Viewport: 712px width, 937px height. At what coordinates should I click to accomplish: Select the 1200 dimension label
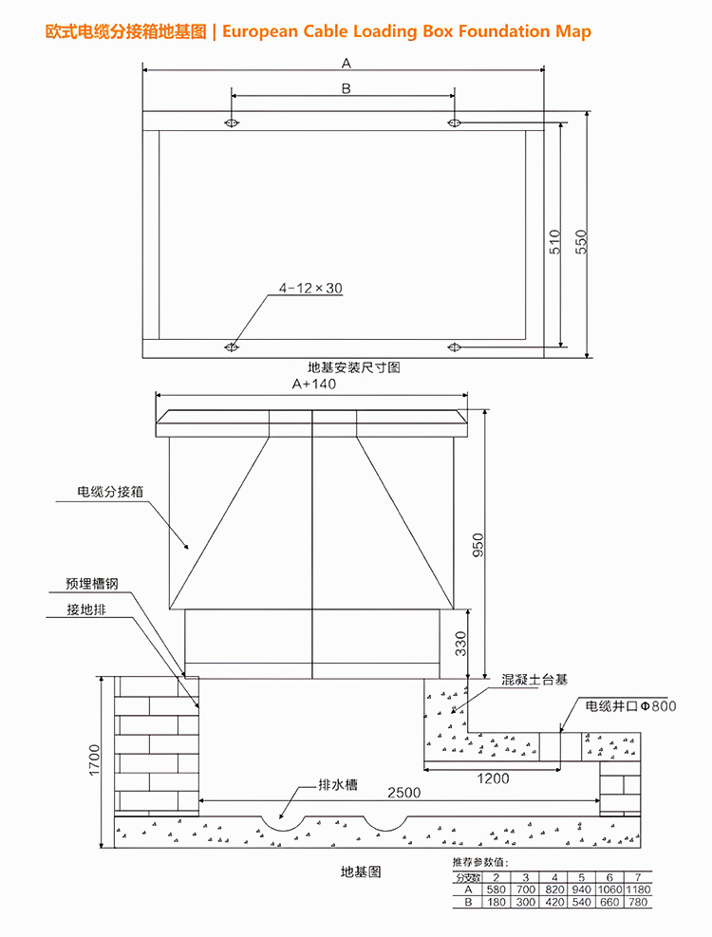tap(493, 778)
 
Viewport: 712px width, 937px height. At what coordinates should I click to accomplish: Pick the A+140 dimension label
tap(314, 384)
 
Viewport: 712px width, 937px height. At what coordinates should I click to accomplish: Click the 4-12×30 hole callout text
tap(310, 288)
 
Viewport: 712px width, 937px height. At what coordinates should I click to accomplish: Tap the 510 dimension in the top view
tap(555, 241)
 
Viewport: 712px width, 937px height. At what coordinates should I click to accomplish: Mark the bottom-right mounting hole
tap(455, 347)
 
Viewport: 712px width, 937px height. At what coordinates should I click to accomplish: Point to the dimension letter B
tap(346, 88)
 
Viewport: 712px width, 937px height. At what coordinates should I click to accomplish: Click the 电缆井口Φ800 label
tap(630, 706)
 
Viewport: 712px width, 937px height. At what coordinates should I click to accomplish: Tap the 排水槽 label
tap(338, 786)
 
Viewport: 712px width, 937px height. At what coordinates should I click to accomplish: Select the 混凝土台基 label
tap(534, 680)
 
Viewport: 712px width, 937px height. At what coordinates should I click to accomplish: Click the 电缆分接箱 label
tap(110, 492)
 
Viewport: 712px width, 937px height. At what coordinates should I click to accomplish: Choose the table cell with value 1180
tap(639, 890)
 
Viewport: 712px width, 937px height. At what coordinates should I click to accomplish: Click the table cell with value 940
tap(582, 890)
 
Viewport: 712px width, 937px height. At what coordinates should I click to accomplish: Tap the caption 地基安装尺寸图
tap(353, 366)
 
